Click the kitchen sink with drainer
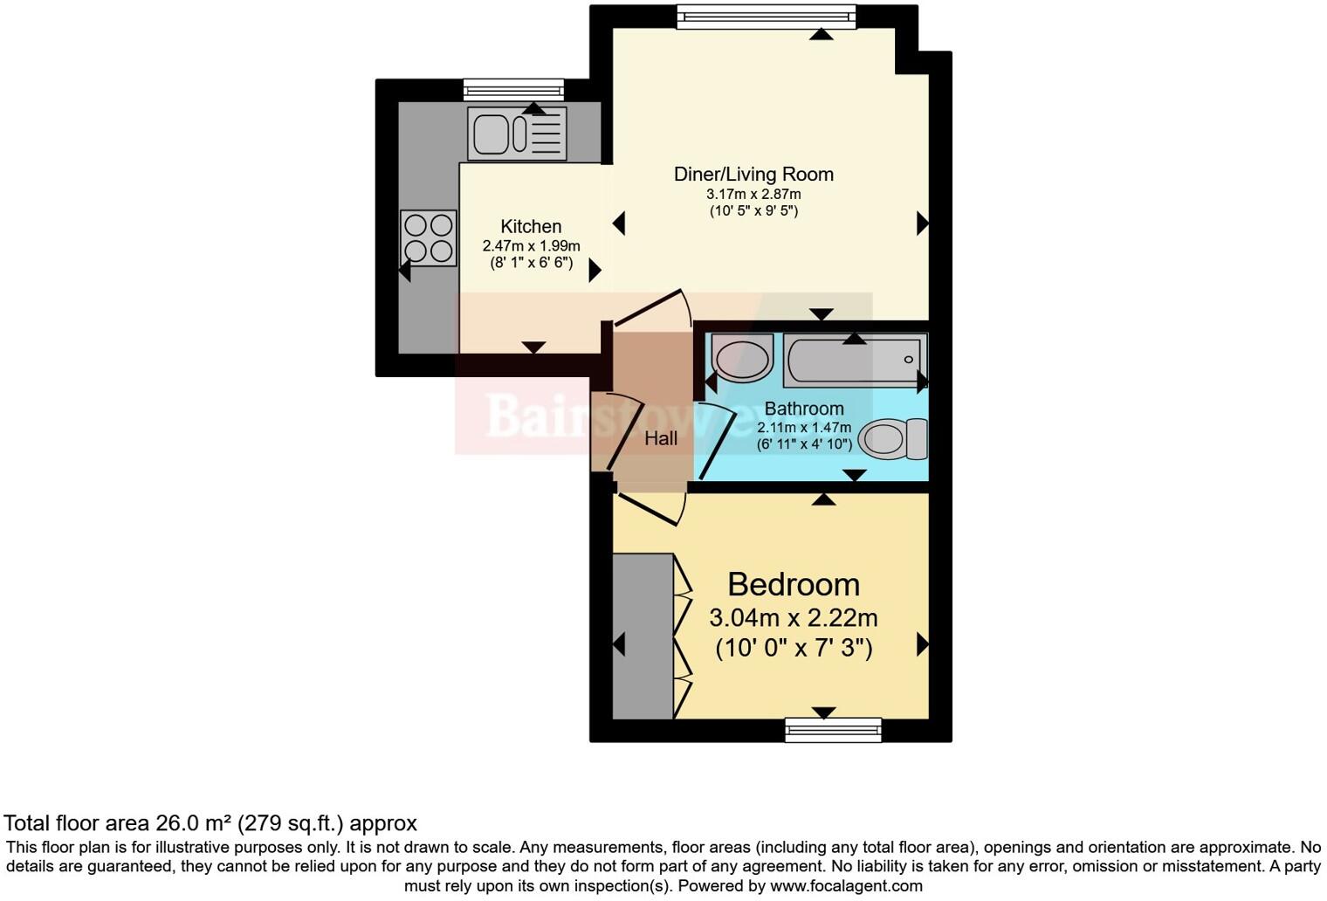(517, 134)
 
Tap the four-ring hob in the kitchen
(429, 238)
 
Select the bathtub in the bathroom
(854, 360)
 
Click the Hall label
(661, 438)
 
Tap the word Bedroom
(793, 584)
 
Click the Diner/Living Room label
(753, 174)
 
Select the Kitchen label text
(531, 226)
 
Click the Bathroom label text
(804, 409)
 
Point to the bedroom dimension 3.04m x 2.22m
(793, 618)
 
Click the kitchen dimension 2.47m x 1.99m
(531, 246)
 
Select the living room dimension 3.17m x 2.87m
(753, 194)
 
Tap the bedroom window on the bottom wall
(833, 729)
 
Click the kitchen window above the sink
(513, 89)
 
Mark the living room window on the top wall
(767, 16)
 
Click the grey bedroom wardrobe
(643, 636)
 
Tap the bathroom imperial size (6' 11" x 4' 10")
(804, 444)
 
